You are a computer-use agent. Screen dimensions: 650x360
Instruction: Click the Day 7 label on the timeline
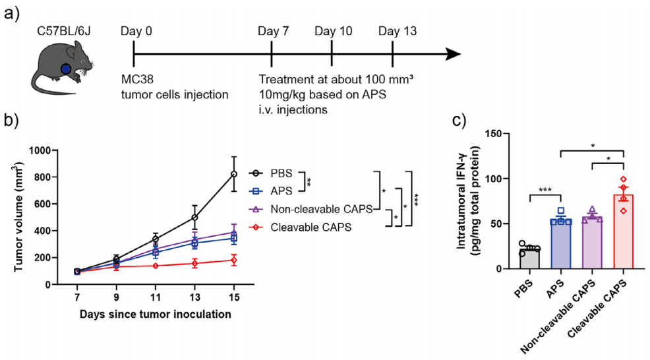pyautogui.click(x=273, y=31)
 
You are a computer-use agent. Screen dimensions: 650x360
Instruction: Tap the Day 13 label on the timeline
pyautogui.click(x=398, y=31)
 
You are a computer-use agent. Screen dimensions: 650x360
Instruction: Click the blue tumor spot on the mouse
pyautogui.click(x=65, y=69)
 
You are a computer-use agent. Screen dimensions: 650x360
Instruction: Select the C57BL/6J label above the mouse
pyautogui.click(x=64, y=31)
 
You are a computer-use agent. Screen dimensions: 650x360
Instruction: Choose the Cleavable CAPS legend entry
pyautogui.click(x=300, y=227)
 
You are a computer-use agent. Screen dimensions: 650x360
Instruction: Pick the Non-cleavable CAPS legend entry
pyautogui.click(x=311, y=209)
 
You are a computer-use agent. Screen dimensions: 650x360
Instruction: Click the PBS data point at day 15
pyautogui.click(x=234, y=174)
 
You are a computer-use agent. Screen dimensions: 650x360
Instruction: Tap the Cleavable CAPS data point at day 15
pyautogui.click(x=234, y=260)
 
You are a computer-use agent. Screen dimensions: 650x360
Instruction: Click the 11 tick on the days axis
pyautogui.click(x=156, y=297)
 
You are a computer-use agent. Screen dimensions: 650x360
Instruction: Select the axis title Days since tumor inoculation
pyautogui.click(x=156, y=314)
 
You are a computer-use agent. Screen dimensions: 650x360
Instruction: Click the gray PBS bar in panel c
pyautogui.click(x=529, y=258)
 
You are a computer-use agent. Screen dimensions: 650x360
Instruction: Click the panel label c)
pyautogui.click(x=459, y=120)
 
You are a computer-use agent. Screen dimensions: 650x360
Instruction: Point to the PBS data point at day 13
pyautogui.click(x=195, y=218)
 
